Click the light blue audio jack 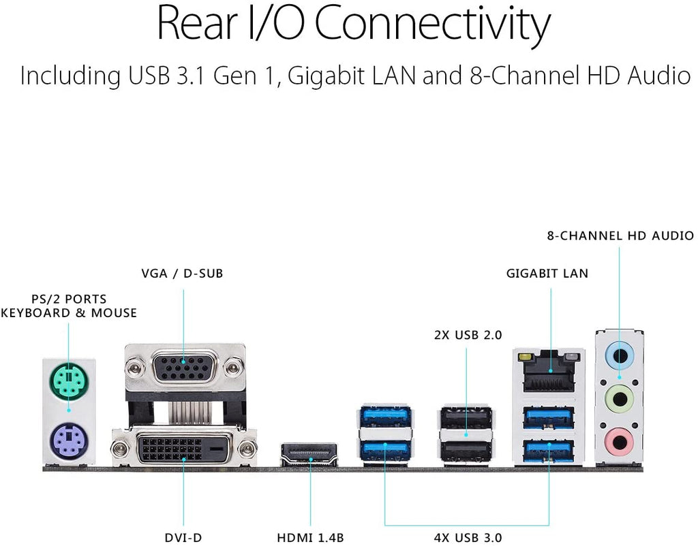(619, 355)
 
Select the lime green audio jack (619, 395)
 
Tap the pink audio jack (619, 438)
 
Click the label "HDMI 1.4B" (309, 537)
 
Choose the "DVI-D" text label (183, 537)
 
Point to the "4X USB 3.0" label (468, 537)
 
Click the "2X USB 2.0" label (468, 335)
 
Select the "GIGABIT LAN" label (547, 274)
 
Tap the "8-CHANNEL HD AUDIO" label (620, 236)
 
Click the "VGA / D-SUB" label (182, 274)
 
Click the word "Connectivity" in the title (432, 25)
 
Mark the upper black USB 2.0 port (466, 416)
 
